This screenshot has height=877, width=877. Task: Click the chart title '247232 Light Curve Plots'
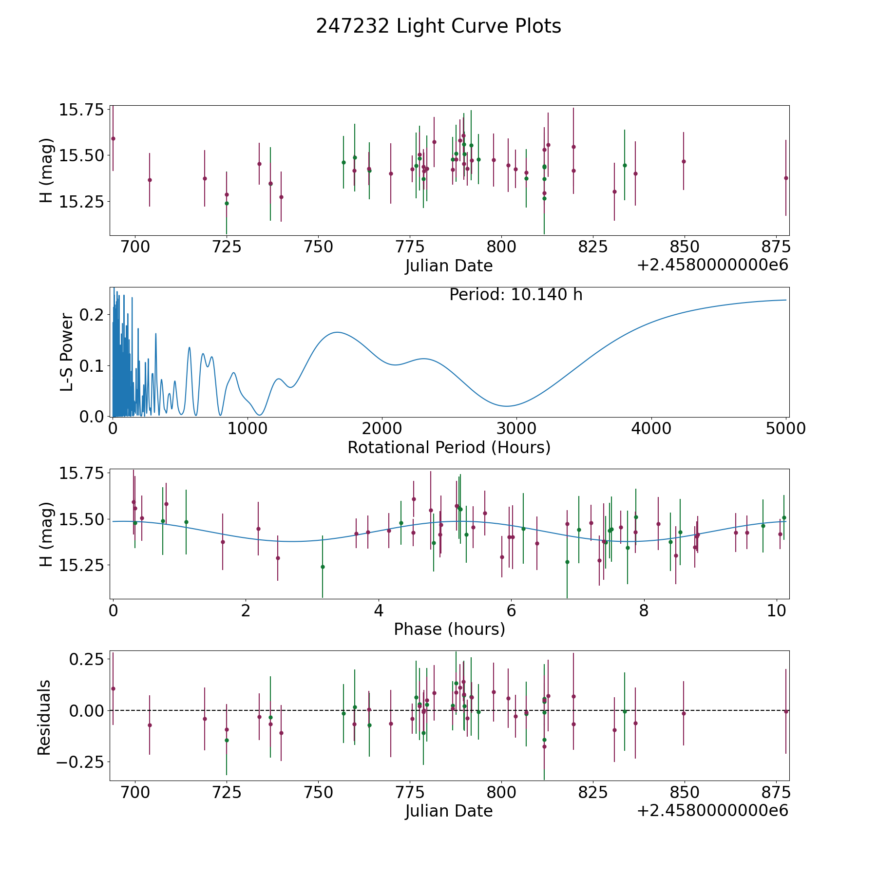pos(438,26)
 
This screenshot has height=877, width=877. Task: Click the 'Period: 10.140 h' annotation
pos(516,295)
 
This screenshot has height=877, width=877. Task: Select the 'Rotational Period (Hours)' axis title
pos(449,447)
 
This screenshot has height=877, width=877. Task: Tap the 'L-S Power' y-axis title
pos(67,352)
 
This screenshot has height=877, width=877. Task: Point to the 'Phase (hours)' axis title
pos(449,629)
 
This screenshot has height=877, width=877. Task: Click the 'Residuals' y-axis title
pos(44,717)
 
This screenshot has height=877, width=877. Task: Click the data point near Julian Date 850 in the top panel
pos(684,161)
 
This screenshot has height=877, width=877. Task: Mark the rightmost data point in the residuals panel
pos(786,711)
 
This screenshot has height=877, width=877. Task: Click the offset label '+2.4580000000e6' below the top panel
pos(712,266)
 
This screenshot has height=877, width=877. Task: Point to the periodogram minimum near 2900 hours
pos(507,406)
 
